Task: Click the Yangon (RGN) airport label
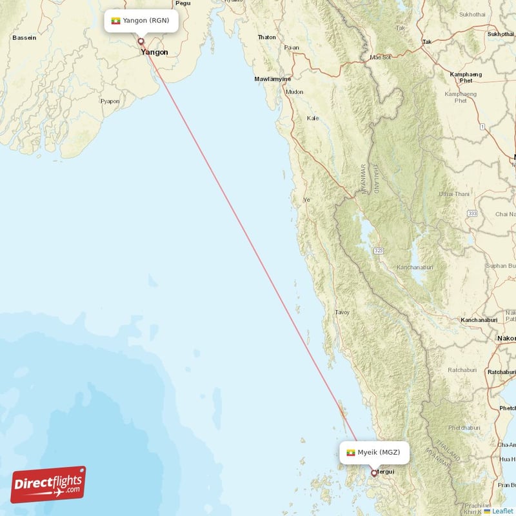[141, 21]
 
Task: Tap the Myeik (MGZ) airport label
[374, 452]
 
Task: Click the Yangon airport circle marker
[141, 41]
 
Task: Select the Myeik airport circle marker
[373, 473]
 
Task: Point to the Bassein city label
[24, 37]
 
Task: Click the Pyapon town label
[110, 101]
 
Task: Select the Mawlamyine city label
[272, 79]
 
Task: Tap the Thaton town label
[267, 37]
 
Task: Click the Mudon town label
[295, 92]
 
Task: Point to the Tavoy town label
[342, 312]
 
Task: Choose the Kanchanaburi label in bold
[481, 320]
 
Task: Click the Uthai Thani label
[454, 193]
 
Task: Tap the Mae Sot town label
[381, 57]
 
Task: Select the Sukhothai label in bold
[501, 34]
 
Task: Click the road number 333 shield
[473, 213]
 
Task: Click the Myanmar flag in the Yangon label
[116, 21]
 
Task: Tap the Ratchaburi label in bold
[502, 372]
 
